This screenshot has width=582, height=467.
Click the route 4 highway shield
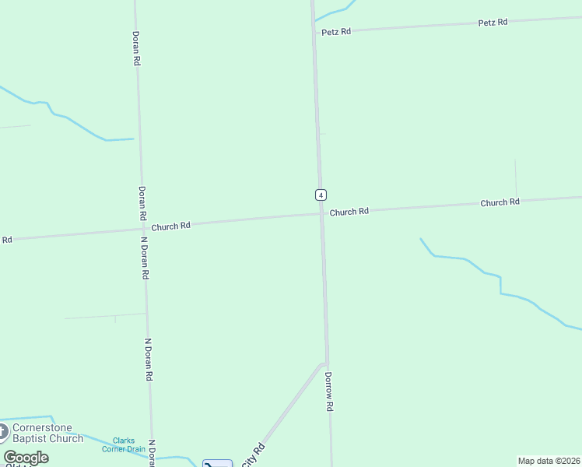(x=320, y=195)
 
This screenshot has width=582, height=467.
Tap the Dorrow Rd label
(x=329, y=392)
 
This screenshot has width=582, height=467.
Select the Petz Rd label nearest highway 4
(x=336, y=32)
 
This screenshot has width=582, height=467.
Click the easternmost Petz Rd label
(x=493, y=23)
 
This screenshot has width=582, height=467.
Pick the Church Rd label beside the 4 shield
(x=349, y=212)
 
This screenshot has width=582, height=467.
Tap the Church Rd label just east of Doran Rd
(x=171, y=226)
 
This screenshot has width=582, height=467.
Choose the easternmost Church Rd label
(x=500, y=202)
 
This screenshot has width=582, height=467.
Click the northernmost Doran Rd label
(x=136, y=47)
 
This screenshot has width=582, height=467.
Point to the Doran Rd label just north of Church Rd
(x=142, y=202)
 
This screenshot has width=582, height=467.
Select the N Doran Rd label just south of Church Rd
(x=145, y=258)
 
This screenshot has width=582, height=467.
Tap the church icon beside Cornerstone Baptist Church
(x=2, y=432)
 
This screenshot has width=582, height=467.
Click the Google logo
(x=26, y=458)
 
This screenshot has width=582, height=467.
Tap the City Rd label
(x=253, y=455)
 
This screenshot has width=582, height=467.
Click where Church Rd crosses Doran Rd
(x=143, y=229)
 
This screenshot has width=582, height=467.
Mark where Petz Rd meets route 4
(x=314, y=32)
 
